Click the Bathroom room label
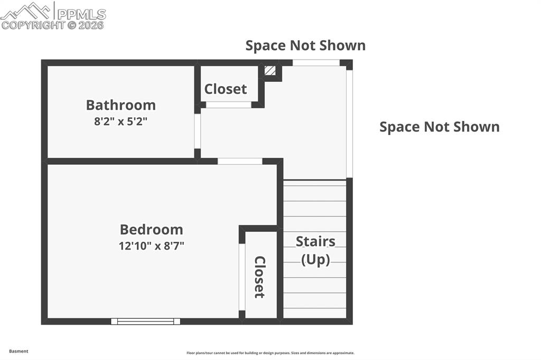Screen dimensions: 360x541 (121, 105)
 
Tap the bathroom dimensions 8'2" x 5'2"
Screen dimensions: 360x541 (121, 121)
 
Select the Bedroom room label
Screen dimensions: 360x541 (151, 230)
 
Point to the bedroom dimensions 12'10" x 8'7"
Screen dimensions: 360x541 (151, 245)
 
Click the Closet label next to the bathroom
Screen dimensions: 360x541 (226, 89)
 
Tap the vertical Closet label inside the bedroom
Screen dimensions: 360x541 (259, 277)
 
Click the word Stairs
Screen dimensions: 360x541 (315, 242)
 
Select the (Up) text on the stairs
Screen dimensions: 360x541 (315, 260)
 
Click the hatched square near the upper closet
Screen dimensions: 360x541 (270, 71)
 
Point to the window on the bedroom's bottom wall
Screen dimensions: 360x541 (145, 321)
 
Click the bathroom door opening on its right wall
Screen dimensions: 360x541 (197, 131)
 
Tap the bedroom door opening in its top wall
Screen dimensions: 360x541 (240, 161)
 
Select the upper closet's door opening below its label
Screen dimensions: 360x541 (228, 105)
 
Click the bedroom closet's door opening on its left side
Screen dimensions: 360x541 (242, 277)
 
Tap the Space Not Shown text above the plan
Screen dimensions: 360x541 (305, 45)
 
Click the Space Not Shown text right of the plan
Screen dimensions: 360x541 (440, 127)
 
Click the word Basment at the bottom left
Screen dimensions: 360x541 (18, 351)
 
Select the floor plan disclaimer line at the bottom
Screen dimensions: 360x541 (270, 353)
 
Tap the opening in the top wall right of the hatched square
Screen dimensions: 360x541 (316, 63)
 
